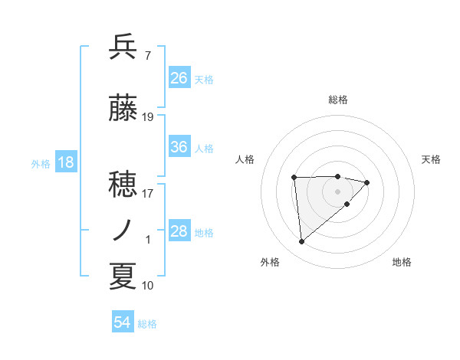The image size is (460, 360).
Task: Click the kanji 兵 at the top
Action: point(123,47)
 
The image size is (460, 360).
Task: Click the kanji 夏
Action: point(123,277)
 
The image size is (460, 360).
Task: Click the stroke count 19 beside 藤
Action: point(148,117)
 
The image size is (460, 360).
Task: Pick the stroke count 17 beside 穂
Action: point(148,193)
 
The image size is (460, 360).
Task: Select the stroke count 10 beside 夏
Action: point(148,286)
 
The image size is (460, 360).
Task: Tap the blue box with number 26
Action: point(179,77)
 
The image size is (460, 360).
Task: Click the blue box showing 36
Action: point(179,148)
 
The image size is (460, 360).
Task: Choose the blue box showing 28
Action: point(179,231)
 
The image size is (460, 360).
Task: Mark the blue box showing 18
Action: point(65,162)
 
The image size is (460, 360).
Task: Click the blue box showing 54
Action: point(123,322)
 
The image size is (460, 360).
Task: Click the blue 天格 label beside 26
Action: point(204,79)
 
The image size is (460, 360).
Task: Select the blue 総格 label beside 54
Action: point(147,324)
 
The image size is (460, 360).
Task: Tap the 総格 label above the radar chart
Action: point(338,100)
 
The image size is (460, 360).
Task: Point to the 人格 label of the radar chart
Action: point(245,159)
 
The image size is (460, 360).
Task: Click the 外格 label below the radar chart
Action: point(269,262)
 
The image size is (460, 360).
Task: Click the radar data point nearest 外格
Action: point(302,242)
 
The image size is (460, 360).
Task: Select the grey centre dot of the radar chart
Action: point(338,190)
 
